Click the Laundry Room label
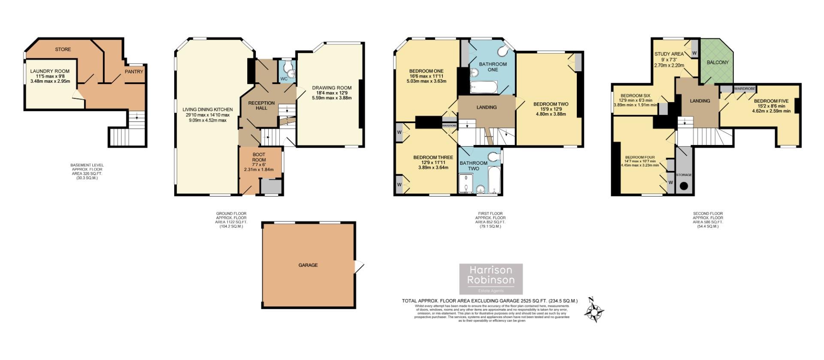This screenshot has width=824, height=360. pyautogui.click(x=50, y=71)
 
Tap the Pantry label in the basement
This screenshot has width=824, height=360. pyautogui.click(x=134, y=72)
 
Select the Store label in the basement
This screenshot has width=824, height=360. pyautogui.click(x=63, y=49)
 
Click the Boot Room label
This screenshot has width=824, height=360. pyautogui.click(x=258, y=157)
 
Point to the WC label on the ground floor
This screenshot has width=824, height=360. pyautogui.click(x=284, y=79)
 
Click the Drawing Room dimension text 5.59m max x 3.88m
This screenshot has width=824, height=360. pyautogui.click(x=332, y=98)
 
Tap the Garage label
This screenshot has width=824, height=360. pyautogui.click(x=308, y=265)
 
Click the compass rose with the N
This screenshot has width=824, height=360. pyautogui.click(x=594, y=311)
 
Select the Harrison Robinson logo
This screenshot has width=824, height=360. pyautogui.click(x=491, y=279)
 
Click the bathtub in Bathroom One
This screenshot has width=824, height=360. pyautogui.click(x=483, y=88)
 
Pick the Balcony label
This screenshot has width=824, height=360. pyautogui.click(x=718, y=62)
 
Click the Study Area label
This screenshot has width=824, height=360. pyautogui.click(x=669, y=54)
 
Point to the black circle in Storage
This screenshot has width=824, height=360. pyautogui.click(x=684, y=186)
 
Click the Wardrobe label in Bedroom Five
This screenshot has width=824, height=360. pyautogui.click(x=744, y=88)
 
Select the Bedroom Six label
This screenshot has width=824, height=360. pyautogui.click(x=635, y=95)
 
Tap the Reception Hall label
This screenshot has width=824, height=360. pyautogui.click(x=261, y=105)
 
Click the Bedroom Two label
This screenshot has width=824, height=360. pyautogui.click(x=551, y=104)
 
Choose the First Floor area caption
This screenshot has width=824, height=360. pyautogui.click(x=490, y=220)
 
